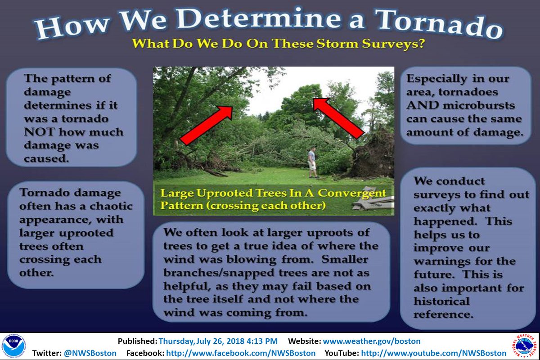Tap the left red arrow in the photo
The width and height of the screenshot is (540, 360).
coord(207,126)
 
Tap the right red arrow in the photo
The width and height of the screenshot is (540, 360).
coord(339,118)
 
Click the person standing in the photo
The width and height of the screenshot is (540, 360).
coord(313,163)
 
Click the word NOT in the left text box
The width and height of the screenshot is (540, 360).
coord(39,132)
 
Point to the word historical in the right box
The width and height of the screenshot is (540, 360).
coord(441,301)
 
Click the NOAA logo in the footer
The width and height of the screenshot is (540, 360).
coord(14,346)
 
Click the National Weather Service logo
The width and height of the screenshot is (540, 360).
coord(524,346)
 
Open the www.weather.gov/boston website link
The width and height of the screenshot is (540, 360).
coord(372,341)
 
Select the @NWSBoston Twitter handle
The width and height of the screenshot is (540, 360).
coord(90,353)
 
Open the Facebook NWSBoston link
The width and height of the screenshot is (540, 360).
coord(241,353)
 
